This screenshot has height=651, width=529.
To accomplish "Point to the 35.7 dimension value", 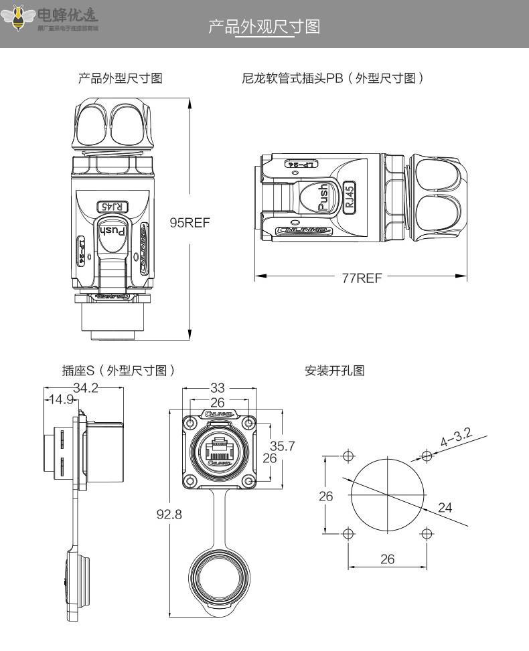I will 282,446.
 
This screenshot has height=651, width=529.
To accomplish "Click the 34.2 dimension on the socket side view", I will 85,388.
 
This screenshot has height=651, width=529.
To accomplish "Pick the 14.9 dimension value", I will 60,400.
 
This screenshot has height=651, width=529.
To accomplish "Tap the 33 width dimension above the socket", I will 218,388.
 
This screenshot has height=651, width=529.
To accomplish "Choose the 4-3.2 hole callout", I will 455,438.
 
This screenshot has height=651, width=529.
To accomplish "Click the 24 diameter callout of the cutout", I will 445,507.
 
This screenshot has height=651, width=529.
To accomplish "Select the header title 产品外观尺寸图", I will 264,27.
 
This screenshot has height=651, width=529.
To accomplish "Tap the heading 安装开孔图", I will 335,370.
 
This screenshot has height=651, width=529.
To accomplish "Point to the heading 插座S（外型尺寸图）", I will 119,370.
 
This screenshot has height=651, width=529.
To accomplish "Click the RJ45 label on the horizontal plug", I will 349,197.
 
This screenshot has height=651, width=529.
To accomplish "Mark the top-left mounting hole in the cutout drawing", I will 348,456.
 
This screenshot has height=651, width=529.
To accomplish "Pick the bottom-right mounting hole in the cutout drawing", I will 427,534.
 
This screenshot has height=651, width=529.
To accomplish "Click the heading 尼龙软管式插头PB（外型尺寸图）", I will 333,78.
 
